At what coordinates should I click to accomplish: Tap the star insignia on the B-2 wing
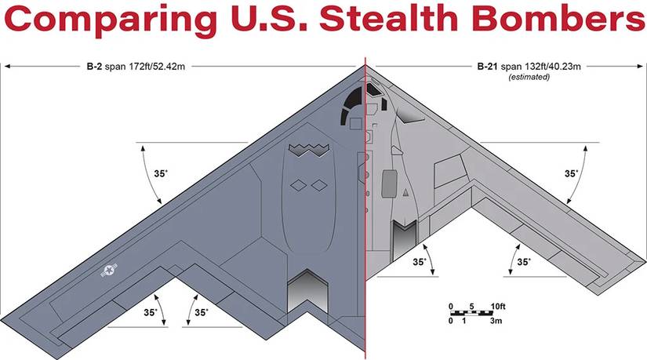(108, 271)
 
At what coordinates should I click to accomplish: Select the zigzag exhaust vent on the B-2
(307, 149)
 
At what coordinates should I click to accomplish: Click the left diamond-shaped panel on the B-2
(298, 184)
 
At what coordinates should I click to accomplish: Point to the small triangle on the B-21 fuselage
(406, 191)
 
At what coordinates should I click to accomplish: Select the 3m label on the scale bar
(496, 322)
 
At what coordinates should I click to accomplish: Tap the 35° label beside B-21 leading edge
(572, 173)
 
